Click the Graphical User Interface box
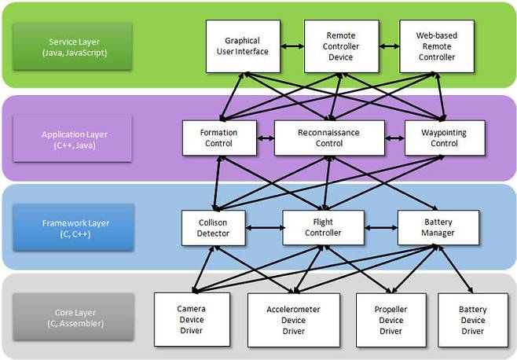click(x=241, y=46)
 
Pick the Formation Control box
click(x=219, y=138)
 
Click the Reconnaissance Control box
click(x=329, y=138)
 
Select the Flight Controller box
click(x=323, y=227)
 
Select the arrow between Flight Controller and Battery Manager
click(x=380, y=228)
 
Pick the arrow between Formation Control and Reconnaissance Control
click(x=266, y=138)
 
